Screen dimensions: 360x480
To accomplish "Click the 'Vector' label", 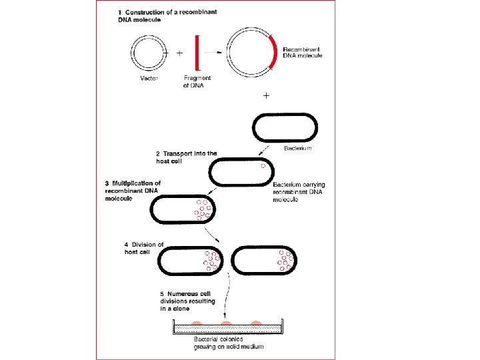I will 149,78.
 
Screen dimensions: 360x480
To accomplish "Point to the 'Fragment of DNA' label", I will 197,82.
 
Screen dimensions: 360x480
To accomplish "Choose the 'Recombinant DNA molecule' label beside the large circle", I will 303,53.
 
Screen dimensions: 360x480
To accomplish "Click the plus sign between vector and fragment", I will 179,52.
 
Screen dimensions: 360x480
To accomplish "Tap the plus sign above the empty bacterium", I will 267,96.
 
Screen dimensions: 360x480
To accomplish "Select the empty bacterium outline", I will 284,127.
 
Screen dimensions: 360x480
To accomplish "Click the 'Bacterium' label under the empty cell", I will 297,148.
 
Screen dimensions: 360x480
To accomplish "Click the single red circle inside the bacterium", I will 264,166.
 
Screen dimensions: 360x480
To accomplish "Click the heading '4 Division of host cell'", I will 143,248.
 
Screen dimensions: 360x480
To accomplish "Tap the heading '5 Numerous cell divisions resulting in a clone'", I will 188,301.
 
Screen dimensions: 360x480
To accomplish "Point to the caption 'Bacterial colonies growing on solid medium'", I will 224,343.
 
